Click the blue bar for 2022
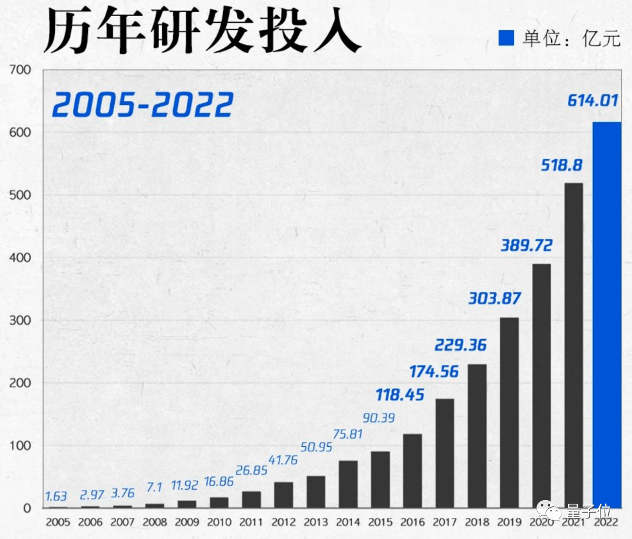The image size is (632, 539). (606, 314)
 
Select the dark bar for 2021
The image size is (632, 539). (574, 346)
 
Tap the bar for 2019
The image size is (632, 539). (509, 413)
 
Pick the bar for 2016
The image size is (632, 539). (412, 471)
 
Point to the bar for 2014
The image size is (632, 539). (348, 485)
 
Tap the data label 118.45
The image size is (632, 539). (399, 395)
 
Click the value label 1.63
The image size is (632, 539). (56, 496)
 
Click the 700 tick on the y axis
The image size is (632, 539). (21, 70)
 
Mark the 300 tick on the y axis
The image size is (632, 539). (21, 320)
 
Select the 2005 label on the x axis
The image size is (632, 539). (58, 522)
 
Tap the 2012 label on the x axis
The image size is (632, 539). (283, 522)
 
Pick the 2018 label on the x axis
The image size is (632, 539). (477, 522)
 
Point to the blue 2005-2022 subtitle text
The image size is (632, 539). (142, 105)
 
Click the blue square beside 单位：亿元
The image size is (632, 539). (507, 38)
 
